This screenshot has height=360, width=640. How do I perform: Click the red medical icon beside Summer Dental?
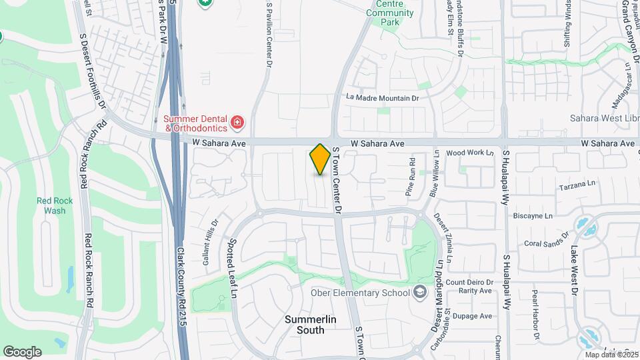tap(237, 122)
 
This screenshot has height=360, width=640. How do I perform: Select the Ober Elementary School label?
tap(359, 292)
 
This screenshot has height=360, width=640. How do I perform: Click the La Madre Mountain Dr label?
tap(382, 97)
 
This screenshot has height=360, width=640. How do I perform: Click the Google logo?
tap(22, 351)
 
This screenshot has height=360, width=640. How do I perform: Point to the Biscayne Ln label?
tap(533, 216)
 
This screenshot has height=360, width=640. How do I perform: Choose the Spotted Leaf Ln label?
tap(234, 268)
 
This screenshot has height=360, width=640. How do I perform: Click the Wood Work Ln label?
tap(473, 153)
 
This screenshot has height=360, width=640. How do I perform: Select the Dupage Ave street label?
tap(473, 316)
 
